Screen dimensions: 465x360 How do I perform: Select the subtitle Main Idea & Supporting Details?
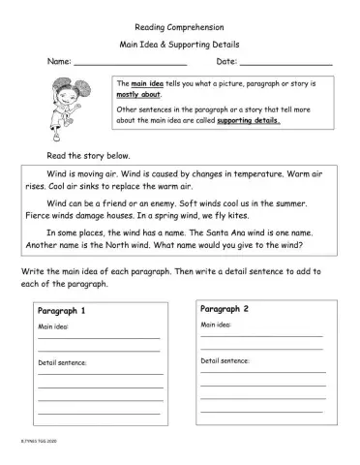(x=180, y=45)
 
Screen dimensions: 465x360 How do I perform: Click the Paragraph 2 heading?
(x=225, y=308)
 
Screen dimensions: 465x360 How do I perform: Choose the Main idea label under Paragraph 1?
(x=54, y=326)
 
